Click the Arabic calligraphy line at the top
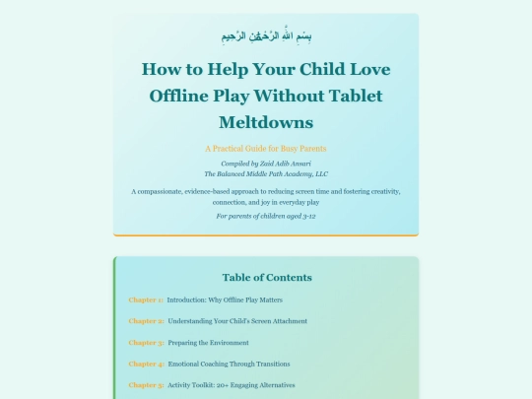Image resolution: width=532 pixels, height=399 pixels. point(266,36)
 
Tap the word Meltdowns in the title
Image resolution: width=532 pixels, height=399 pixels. point(266,122)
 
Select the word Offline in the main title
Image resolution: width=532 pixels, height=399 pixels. point(182,96)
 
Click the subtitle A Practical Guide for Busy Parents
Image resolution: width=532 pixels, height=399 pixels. point(266,148)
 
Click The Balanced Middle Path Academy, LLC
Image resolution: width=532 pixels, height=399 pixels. point(266,172)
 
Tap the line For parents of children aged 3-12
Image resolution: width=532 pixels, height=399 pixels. point(266,215)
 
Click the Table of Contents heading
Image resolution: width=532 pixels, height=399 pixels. point(266,277)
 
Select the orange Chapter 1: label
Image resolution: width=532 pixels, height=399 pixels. point(146,299)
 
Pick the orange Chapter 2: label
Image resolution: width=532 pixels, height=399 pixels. point(146,320)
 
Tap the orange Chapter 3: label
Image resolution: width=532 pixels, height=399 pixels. point(146,342)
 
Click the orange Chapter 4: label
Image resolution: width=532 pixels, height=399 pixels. point(146,364)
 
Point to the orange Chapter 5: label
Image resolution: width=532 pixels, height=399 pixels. point(146,384)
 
